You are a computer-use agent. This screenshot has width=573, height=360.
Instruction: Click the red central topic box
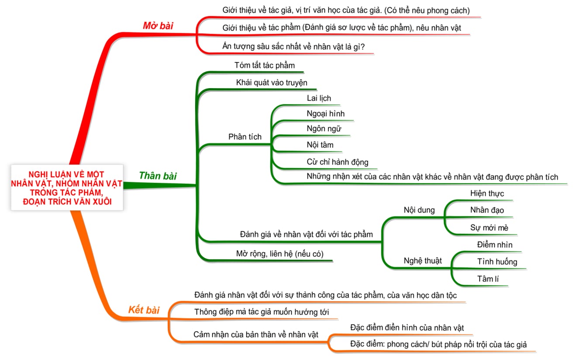tap(67, 188)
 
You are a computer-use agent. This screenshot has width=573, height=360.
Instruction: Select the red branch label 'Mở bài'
tap(158, 26)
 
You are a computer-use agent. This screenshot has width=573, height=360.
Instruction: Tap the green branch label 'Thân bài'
tap(158, 176)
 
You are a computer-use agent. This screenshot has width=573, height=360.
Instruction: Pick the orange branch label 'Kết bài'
tap(144, 310)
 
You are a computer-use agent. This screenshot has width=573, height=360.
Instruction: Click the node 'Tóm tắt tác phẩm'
tap(265, 65)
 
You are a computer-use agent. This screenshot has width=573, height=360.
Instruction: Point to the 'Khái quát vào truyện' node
tap(272, 82)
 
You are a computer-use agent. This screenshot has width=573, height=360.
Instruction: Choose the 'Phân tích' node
tap(245, 137)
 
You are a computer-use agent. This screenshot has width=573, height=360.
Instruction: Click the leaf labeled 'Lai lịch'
tap(319, 98)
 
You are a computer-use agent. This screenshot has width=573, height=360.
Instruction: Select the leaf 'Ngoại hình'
tap(325, 113)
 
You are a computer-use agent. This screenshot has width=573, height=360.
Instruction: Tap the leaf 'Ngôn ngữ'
tap(324, 129)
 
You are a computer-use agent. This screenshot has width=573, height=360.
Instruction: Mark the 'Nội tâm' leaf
tap(320, 145)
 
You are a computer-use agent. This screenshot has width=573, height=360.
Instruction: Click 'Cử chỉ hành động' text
tap(338, 162)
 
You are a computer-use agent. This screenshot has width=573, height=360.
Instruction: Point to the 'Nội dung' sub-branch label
tap(419, 210)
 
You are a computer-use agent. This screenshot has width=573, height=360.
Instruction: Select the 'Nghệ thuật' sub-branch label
tap(423, 261)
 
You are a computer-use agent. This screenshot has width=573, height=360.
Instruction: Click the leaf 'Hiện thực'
tap(487, 193)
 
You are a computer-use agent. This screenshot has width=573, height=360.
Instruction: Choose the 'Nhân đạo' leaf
tap(487, 210)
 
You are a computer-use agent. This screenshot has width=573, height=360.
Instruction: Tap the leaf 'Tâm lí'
tap(488, 279)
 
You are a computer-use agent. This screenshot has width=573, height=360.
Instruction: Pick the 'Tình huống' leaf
tap(497, 262)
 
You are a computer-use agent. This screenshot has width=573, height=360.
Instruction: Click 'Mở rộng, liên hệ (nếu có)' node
tap(280, 254)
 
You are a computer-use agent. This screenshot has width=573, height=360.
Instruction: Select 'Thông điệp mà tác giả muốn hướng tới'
tap(262, 312)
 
